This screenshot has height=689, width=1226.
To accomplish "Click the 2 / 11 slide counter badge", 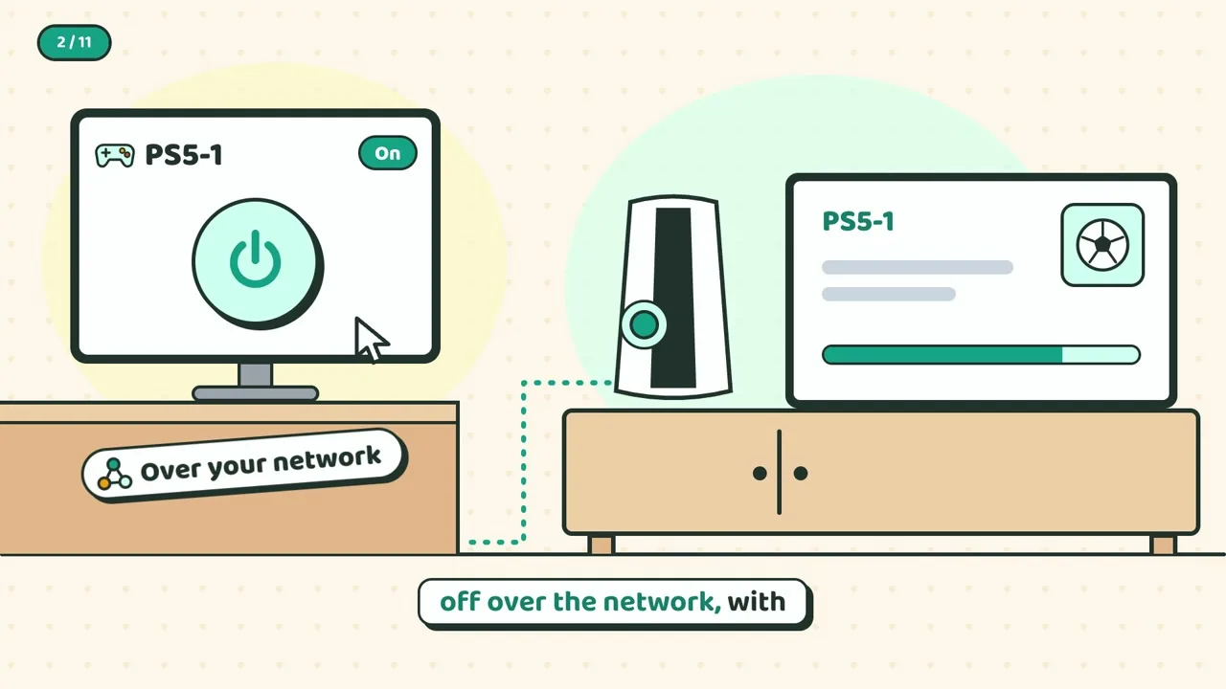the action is point(74,42).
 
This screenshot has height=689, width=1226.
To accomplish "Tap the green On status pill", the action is point(388,153).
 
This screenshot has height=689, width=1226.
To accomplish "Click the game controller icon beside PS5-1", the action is point(114,155).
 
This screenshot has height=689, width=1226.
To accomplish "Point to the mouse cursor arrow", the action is point(370,339).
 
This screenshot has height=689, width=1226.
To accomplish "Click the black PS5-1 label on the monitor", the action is point(184,155).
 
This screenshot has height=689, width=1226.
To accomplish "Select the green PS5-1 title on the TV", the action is point(857,221).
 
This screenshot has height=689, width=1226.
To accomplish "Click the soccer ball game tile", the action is point(1102,245).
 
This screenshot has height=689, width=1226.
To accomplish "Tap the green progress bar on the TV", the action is point(981,354).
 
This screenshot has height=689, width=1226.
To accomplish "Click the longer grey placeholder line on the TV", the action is point(918,267).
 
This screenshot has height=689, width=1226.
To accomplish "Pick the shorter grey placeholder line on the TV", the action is point(888,294).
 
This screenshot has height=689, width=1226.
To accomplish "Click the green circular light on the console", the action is point(644,324).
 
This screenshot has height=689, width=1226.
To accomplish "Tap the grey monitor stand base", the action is point(255,393).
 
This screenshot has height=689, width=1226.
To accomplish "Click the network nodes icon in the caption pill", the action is point(114,474).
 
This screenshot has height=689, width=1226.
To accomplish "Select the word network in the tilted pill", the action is point(327,459).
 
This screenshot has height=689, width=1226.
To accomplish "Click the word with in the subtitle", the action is point(757,602).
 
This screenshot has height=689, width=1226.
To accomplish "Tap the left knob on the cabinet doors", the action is point(760,473).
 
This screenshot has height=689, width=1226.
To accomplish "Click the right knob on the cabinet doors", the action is point(800,473).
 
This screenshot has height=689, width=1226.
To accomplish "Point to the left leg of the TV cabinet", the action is point(601,545).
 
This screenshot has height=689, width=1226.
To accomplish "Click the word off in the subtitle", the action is point(460,602).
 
